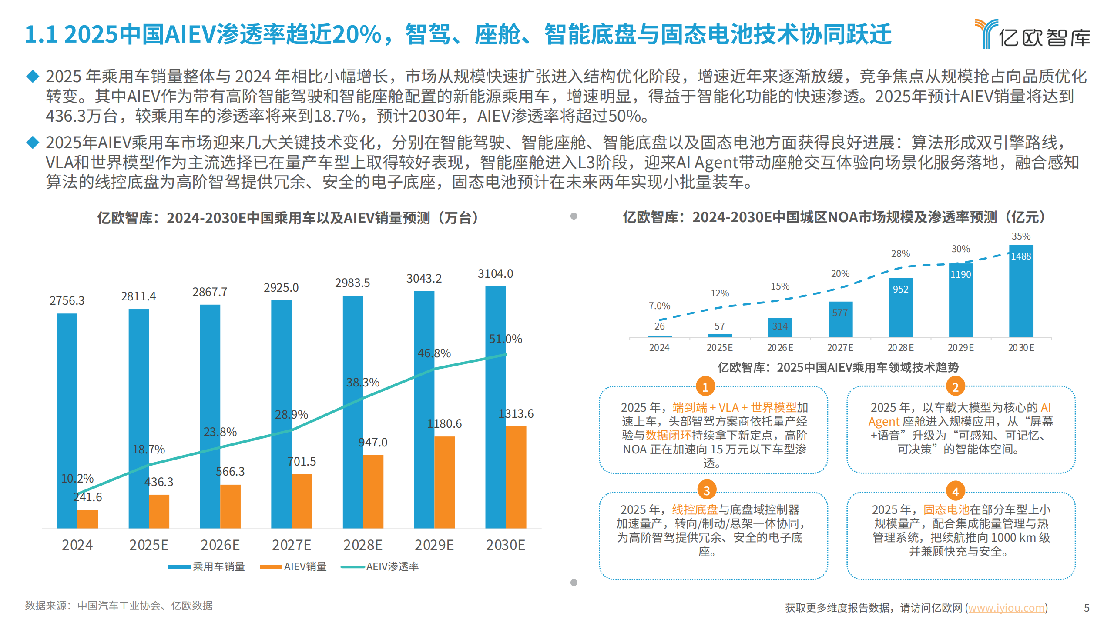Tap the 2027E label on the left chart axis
291,545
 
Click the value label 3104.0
495,274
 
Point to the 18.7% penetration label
148,449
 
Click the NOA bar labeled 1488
1021,291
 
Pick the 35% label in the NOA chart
1021,236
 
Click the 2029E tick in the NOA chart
960,347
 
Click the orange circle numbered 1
705,386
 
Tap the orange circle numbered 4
955,492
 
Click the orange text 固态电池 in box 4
946,509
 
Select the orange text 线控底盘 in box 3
695,509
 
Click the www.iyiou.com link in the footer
1006,607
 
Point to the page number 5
1087,607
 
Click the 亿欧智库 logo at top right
1032,34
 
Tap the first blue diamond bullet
33,76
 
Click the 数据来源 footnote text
118,606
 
